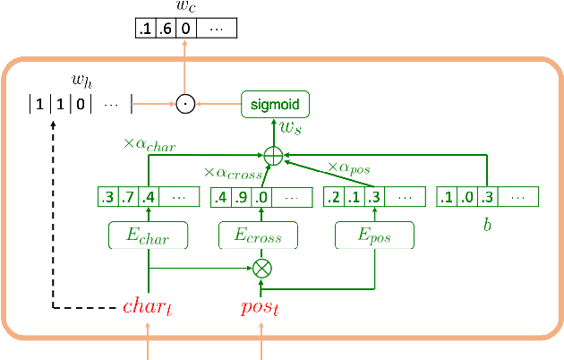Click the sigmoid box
[275, 105]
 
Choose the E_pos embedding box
[375, 236]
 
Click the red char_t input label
[145, 308]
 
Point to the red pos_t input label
[261, 308]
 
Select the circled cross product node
[261, 267]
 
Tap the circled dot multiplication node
[185, 105]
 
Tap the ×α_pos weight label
[349, 167]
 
